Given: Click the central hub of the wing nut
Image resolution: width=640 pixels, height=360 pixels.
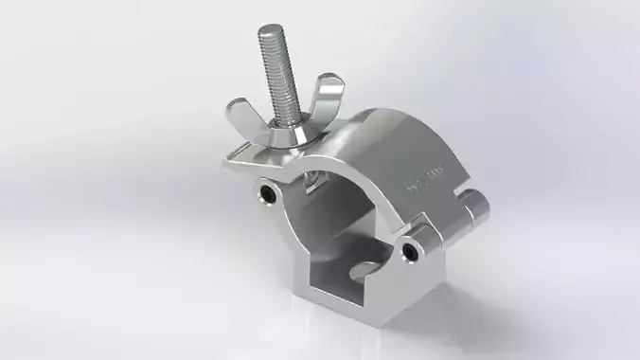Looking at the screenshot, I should coord(288,126).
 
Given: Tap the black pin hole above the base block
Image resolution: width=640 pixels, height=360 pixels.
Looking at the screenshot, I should coord(408,251).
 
